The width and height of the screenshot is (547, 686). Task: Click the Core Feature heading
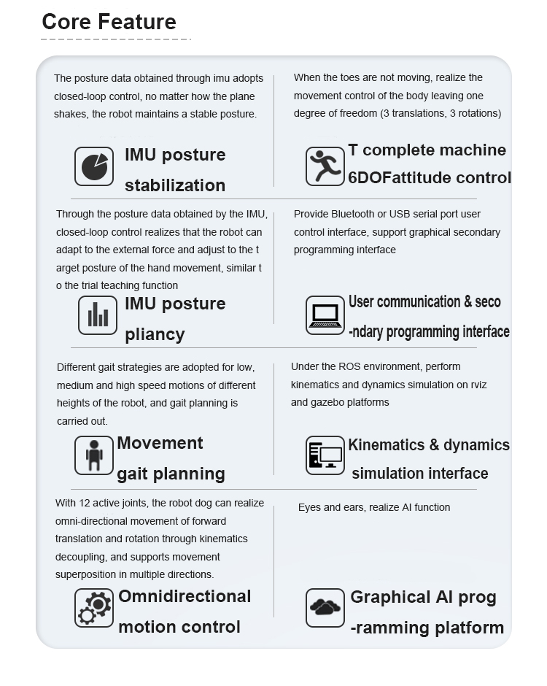[109, 21]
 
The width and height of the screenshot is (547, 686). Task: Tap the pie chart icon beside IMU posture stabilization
[94, 166]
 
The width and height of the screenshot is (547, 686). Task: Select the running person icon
[325, 166]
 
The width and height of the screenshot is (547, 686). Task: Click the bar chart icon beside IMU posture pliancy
[98, 315]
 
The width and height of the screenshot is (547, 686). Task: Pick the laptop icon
[325, 315]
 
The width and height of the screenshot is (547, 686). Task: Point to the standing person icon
[94, 455]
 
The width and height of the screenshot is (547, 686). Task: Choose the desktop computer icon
[325, 455]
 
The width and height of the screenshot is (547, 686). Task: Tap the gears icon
[94, 607]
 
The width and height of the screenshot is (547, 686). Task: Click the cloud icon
[325, 607]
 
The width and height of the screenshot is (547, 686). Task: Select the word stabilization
[175, 185]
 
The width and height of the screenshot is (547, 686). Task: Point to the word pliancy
[155, 335]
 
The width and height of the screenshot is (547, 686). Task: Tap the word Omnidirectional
[185, 596]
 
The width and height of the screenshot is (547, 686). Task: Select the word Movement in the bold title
[160, 443]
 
